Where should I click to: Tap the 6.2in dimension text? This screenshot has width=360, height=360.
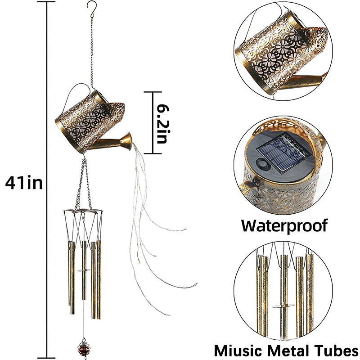click(160, 122)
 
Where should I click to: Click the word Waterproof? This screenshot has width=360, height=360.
click(284, 225)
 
